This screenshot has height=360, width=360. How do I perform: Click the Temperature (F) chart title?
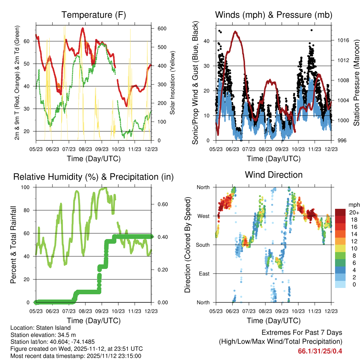[94, 15]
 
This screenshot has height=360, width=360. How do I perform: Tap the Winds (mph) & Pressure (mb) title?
[274, 15]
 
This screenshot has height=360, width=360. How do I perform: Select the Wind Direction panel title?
[274, 175]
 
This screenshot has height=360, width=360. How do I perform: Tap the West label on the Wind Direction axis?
[203, 216]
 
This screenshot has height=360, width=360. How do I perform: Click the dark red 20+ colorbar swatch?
[340, 213]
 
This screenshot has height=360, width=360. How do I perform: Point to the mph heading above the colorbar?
[353, 205]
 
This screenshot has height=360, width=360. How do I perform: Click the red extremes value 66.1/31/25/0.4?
[320, 351]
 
